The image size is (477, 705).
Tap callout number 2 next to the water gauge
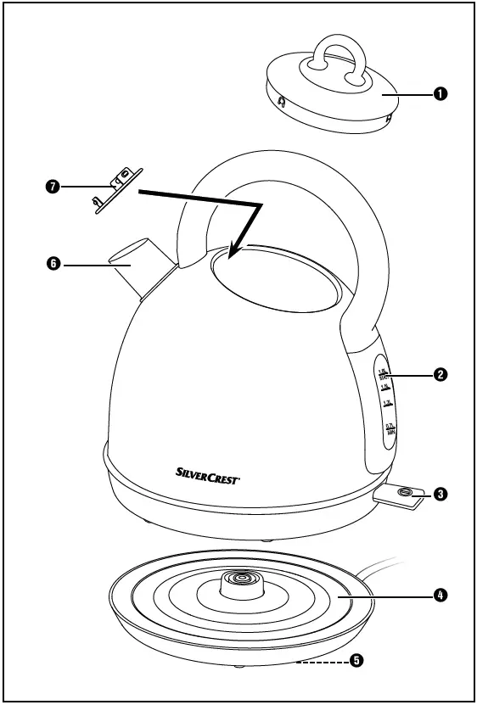click(x=441, y=374)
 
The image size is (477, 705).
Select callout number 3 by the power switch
click(x=441, y=494)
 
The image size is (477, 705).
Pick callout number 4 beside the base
click(x=441, y=596)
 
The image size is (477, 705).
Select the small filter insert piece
click(x=112, y=187)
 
